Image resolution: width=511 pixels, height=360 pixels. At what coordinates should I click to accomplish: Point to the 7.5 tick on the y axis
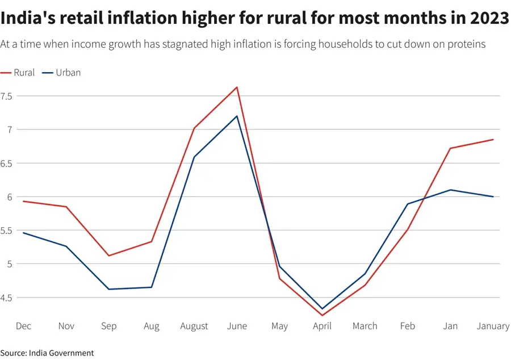(7, 96)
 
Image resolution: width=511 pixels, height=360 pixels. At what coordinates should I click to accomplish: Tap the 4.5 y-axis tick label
(7, 298)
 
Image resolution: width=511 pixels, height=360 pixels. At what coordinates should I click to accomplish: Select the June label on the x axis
(237, 326)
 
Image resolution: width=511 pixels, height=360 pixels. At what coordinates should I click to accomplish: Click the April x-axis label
(322, 326)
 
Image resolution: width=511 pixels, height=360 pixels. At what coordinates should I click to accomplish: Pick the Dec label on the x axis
(23, 326)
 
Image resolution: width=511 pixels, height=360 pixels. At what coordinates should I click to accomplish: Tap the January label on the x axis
(493, 326)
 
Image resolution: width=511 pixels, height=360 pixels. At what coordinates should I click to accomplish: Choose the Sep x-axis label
(108, 326)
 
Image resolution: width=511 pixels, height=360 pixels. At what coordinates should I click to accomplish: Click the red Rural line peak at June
(237, 87)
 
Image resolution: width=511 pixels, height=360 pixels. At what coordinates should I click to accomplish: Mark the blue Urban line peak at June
(237, 116)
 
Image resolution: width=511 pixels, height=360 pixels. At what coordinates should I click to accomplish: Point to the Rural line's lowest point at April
(322, 315)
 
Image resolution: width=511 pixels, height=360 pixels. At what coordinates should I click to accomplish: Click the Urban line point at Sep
(108, 289)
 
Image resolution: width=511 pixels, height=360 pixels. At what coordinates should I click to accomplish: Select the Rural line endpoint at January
(493, 140)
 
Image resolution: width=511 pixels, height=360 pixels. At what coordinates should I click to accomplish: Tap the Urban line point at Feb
(408, 204)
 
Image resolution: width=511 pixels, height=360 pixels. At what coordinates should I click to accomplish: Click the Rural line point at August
(194, 128)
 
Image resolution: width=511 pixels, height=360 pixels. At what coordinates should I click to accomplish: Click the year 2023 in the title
(489, 18)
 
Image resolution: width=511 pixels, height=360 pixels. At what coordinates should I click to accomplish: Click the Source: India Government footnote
(47, 353)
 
